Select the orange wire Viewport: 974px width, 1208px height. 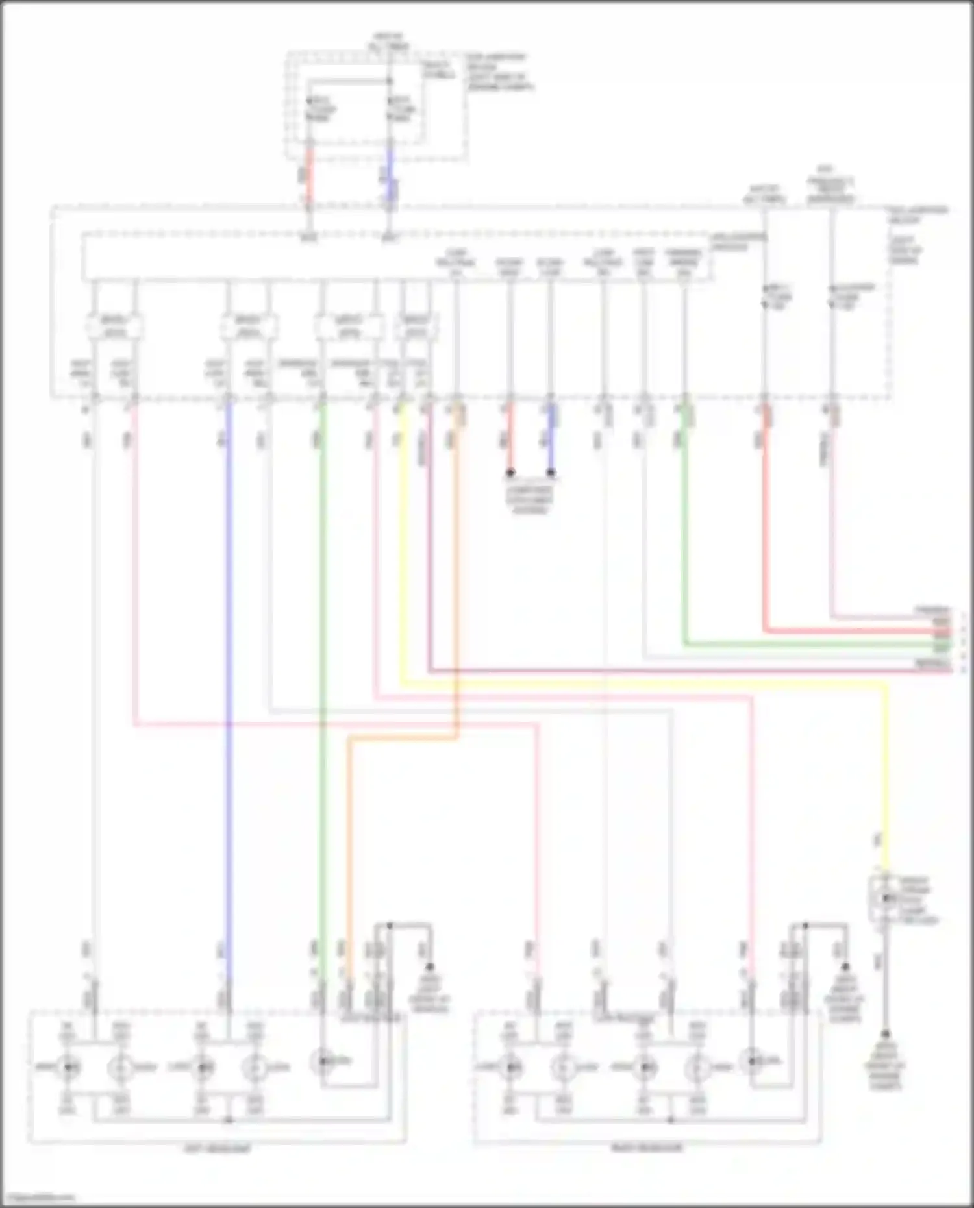click(349, 844)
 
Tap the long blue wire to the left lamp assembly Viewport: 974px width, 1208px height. click(229, 649)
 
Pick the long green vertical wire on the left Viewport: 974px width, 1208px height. click(321, 649)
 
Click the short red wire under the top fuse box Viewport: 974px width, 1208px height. click(309, 175)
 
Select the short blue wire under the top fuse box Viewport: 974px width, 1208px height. click(390, 175)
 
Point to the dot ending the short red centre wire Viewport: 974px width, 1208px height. click(510, 473)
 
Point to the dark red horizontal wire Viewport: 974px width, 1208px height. click(649, 670)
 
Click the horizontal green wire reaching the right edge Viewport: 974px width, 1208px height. click(812, 644)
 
